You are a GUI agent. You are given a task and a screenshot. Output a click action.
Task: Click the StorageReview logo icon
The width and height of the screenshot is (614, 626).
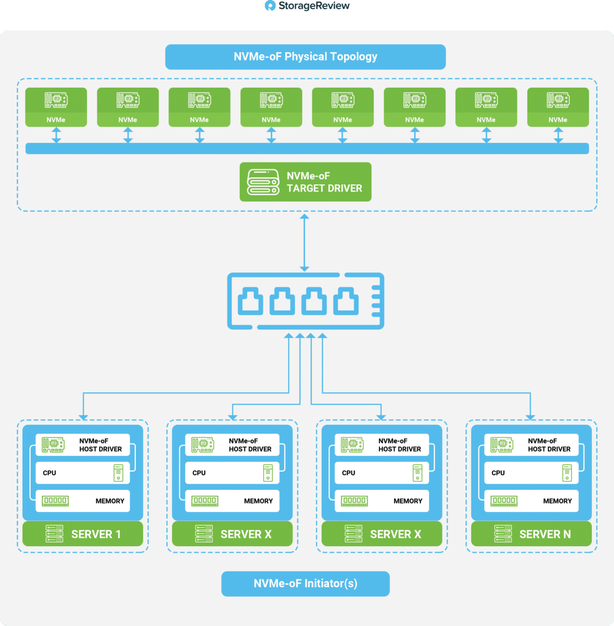[x=270, y=6]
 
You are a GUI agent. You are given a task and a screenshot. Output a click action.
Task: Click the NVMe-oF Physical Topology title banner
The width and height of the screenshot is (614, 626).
[x=305, y=57]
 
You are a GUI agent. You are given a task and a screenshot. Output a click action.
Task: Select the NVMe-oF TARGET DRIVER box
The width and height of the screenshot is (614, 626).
[x=305, y=182]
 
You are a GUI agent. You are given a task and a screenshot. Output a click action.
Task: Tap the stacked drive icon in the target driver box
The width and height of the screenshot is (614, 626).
[x=263, y=182]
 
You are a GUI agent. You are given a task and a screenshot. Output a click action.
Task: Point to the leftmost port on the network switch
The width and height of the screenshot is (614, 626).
[x=250, y=301]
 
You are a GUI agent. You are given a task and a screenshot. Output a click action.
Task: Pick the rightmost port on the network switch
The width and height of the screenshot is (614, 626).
[x=346, y=301]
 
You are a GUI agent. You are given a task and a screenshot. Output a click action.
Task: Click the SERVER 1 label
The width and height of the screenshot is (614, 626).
[x=96, y=534]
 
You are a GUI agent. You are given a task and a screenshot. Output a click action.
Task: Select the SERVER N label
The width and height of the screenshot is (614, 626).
[x=545, y=534]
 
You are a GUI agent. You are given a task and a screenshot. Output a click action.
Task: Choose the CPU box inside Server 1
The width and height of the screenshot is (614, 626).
[x=82, y=473]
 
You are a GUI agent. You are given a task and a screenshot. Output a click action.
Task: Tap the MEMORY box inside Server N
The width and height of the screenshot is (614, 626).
[x=532, y=500]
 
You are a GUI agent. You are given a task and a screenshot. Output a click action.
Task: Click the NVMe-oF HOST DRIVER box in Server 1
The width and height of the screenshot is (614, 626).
[x=82, y=445]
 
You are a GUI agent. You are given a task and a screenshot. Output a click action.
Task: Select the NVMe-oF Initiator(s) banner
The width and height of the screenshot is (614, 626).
[x=305, y=583]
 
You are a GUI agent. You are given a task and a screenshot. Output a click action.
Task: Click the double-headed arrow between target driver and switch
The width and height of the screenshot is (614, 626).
[x=304, y=243]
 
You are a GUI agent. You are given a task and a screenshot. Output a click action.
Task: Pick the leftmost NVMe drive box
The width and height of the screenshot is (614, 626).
[x=56, y=107]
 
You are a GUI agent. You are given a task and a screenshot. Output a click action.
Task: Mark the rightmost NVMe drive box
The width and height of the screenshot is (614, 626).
[x=558, y=107]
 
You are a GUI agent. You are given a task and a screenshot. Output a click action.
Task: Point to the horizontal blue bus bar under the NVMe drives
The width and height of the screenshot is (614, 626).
[x=307, y=149]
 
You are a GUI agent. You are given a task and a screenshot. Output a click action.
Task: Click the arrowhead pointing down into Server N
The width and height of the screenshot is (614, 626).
[x=530, y=417]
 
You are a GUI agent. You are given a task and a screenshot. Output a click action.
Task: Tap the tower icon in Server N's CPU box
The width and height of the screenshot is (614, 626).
[x=567, y=473]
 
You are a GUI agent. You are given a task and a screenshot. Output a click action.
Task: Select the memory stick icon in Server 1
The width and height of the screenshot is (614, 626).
[x=55, y=500]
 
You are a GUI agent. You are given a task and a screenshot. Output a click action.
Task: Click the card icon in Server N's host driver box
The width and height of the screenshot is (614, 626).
[x=502, y=445]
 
